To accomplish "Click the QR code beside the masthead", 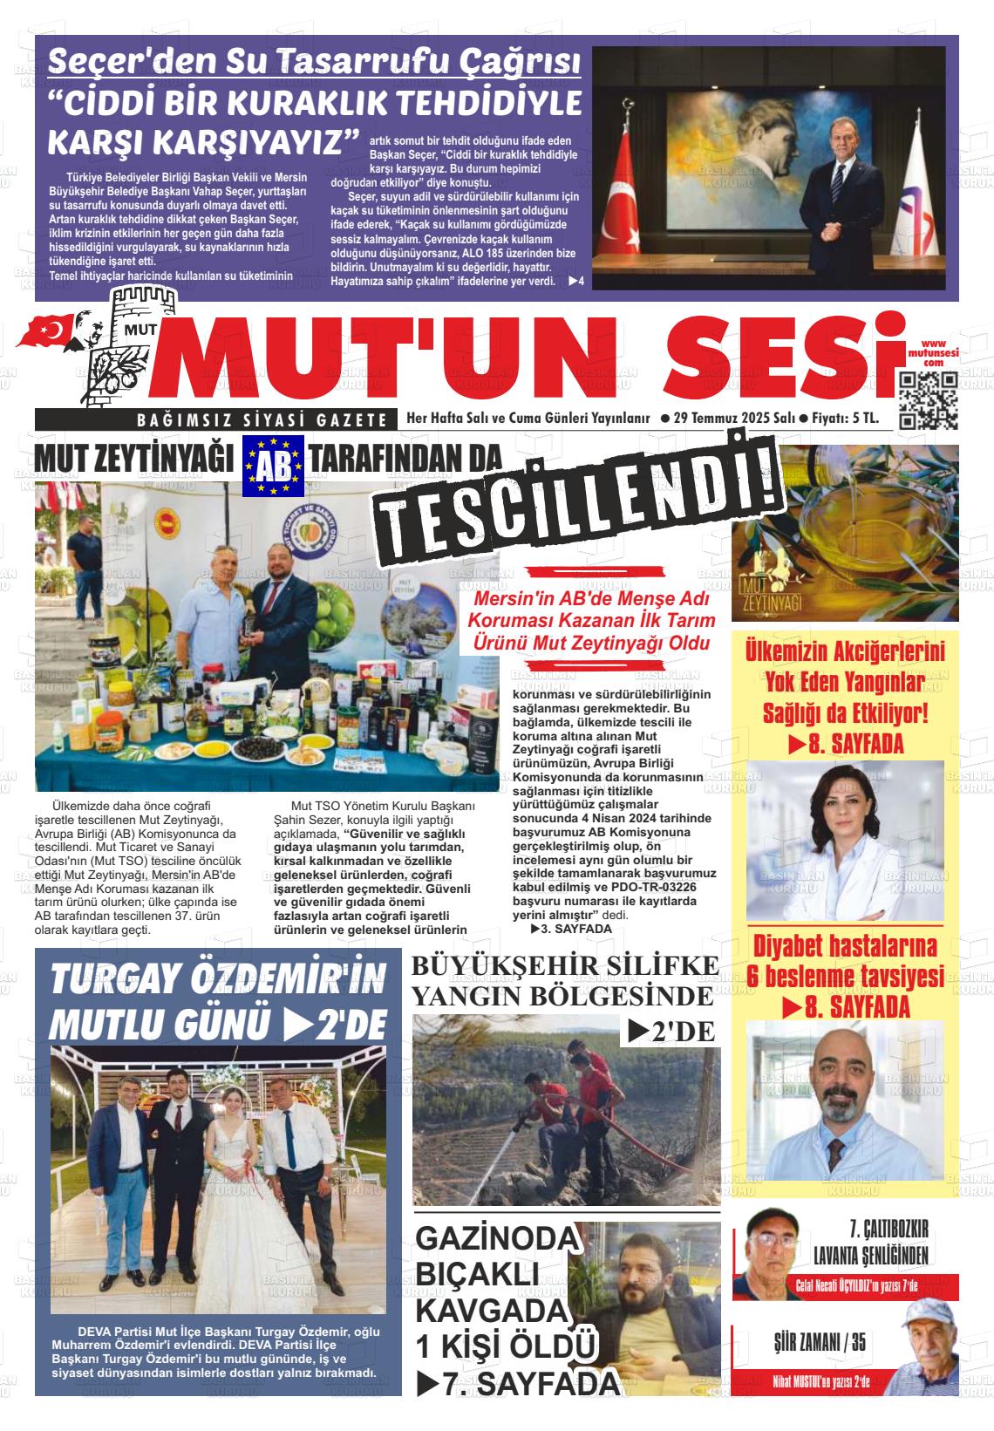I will (928, 401).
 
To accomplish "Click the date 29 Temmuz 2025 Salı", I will (728, 419).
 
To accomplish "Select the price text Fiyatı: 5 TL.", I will (845, 419).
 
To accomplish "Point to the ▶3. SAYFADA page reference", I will (571, 929).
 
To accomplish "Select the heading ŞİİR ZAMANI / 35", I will (820, 1342).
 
